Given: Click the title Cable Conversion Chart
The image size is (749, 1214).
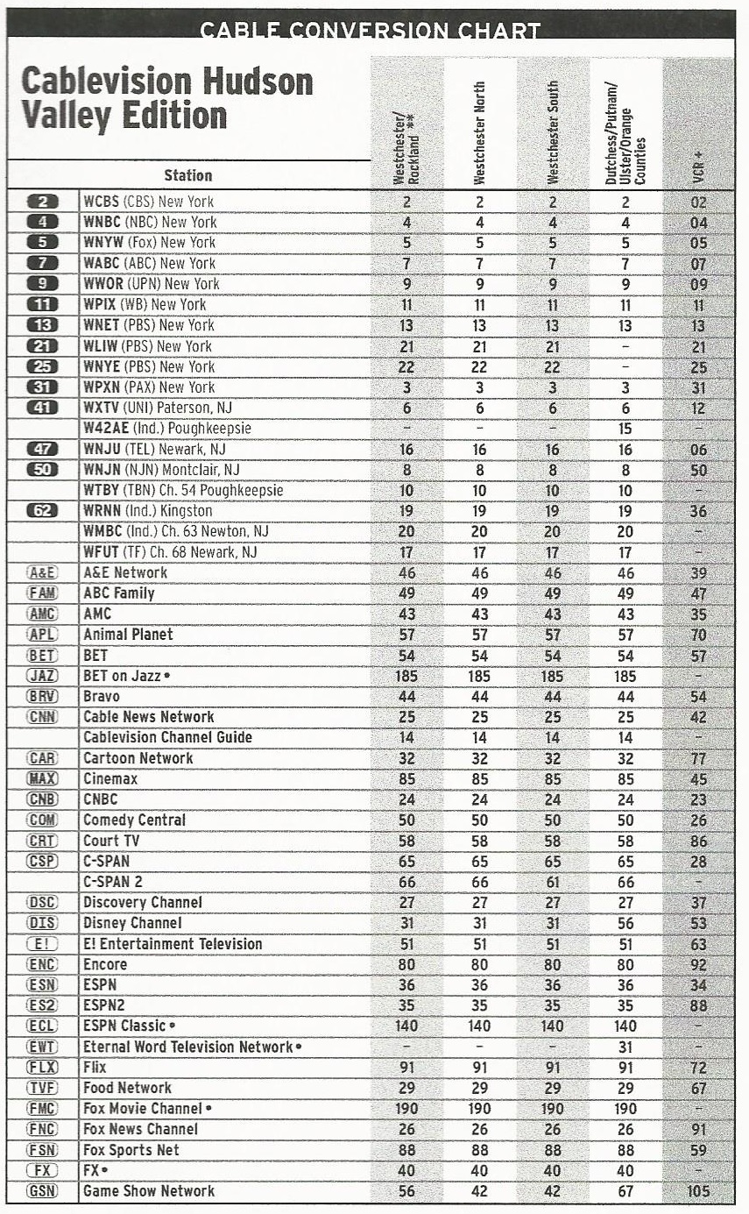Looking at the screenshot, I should pyautogui.click(x=370, y=31).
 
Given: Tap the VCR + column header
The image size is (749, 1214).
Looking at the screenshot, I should pyautogui.click(x=698, y=167).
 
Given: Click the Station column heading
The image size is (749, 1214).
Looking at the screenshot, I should pyautogui.click(x=188, y=175).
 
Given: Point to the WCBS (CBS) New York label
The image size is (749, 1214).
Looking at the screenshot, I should pyautogui.click(x=149, y=202).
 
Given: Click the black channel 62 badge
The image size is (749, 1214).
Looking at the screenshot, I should pyautogui.click(x=42, y=511).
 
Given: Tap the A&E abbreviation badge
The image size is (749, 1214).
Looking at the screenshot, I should pyautogui.click(x=42, y=572).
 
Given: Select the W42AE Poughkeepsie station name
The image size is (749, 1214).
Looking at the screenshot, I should pyautogui.click(x=166, y=429).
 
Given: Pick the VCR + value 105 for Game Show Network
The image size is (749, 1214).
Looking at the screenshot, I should pyautogui.click(x=698, y=1191).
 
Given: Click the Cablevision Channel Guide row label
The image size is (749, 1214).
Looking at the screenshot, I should pyautogui.click(x=167, y=738).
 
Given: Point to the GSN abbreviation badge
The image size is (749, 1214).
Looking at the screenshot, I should pyautogui.click(x=42, y=1191).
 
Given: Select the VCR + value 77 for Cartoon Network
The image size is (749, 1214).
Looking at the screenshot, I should pyautogui.click(x=698, y=758).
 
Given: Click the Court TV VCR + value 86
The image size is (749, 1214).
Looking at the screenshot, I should pyautogui.click(x=698, y=841).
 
